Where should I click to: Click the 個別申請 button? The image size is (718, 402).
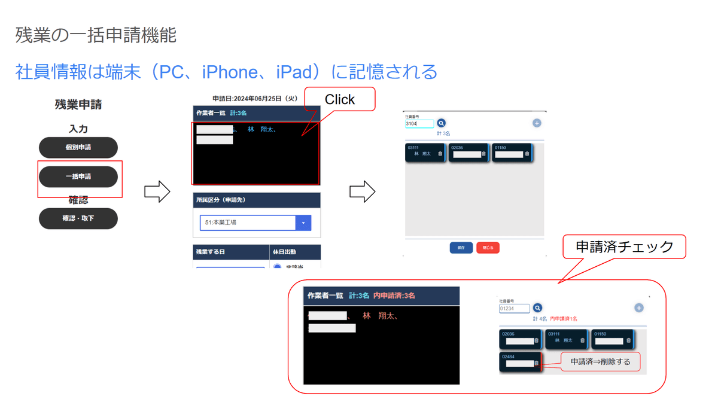78,147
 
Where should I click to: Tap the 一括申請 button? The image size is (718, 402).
78,177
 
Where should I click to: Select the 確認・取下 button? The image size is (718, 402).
78,218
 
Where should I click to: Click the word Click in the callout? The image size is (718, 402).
340,99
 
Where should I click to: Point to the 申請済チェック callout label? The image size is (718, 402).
624,246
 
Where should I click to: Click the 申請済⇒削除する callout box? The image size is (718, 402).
600,362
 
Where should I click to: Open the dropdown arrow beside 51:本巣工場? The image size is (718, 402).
303,223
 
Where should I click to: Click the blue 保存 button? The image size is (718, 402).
461,248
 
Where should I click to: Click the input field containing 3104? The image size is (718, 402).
419,124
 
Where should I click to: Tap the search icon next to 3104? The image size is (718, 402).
442,123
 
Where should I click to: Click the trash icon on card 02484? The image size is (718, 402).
536,363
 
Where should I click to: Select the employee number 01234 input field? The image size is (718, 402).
514,309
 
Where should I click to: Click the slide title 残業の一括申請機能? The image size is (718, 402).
96,35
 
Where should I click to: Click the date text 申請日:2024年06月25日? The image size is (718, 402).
255,99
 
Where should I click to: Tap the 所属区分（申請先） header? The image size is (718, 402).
221,200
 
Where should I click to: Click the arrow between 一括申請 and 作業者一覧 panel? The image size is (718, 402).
157,192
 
